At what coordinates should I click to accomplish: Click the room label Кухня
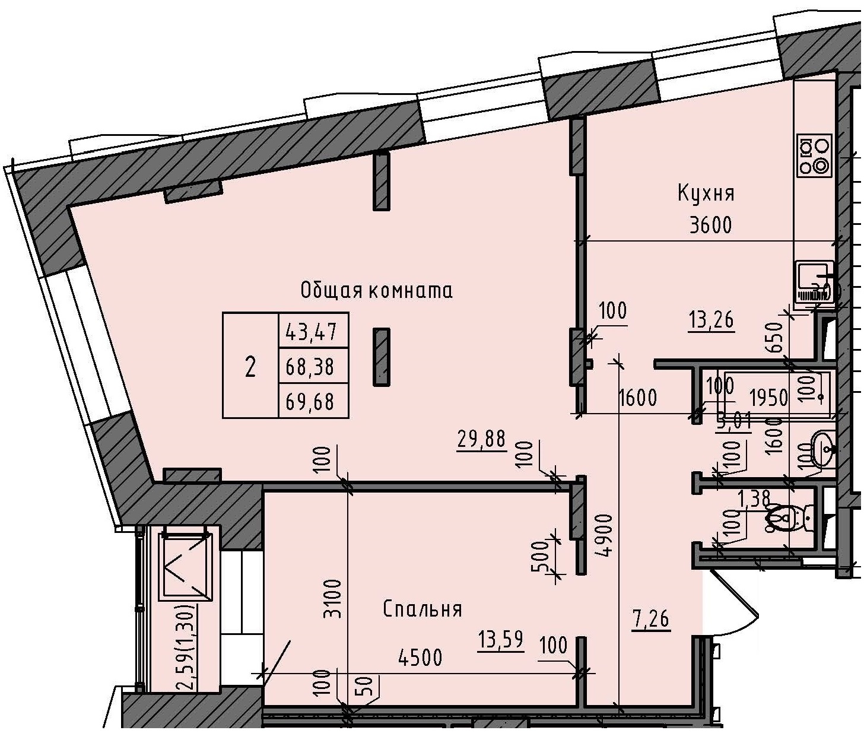pyautogui.click(x=706, y=193)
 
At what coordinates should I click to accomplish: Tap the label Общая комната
pyautogui.click(x=376, y=291)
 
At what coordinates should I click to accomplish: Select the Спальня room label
pyautogui.click(x=422, y=609)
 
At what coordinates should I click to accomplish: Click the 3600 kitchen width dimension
pyautogui.click(x=710, y=226)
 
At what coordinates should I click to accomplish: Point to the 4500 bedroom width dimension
pyautogui.click(x=420, y=658)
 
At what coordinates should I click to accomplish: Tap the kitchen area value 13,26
pyautogui.click(x=711, y=320)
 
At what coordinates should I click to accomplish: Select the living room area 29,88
pyautogui.click(x=481, y=440)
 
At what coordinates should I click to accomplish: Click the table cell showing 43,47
pyautogui.click(x=313, y=331)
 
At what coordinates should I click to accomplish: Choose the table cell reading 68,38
pyautogui.click(x=313, y=367)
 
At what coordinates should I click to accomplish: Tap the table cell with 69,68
pyautogui.click(x=313, y=402)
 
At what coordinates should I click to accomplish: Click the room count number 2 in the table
pyautogui.click(x=250, y=367)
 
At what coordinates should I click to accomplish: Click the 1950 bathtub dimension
pyautogui.click(x=768, y=397)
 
